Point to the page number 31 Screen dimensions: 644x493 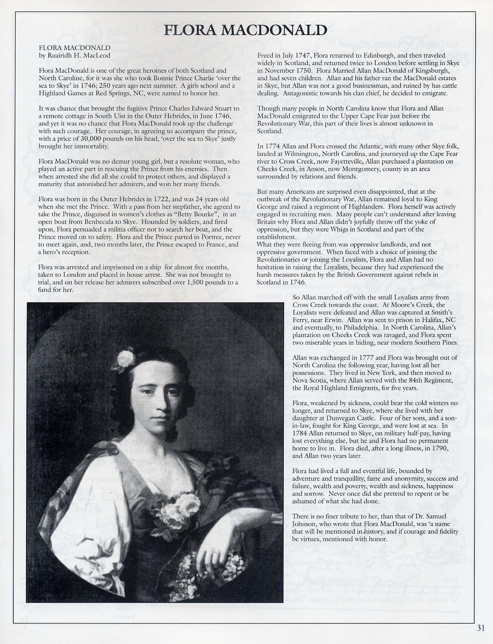click(481, 627)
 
